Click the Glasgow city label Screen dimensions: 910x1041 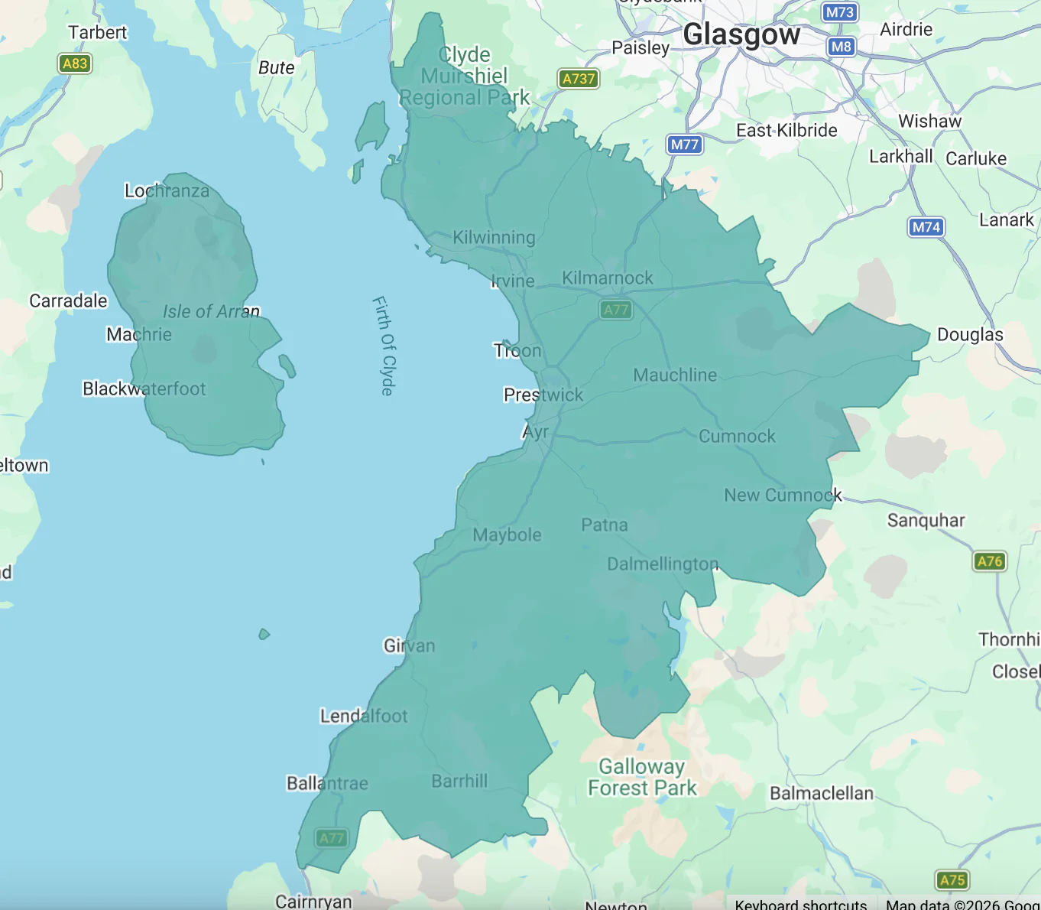(741, 34)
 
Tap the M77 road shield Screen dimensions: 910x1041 (684, 145)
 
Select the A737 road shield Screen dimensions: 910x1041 (578, 79)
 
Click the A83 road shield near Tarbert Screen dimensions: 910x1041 (75, 63)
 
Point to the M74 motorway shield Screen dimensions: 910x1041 (926, 227)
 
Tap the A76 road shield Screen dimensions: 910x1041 (990, 561)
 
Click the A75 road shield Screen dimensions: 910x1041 (952, 880)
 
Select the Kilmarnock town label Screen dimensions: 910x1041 (608, 278)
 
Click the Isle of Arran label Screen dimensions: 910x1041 (211, 311)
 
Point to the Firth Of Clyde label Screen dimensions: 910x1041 (384, 346)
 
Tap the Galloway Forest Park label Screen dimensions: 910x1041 (642, 777)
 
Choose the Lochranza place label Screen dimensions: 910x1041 (167, 190)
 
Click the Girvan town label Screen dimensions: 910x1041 (409, 645)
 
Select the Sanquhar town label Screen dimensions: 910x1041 (926, 520)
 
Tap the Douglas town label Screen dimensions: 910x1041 (970, 334)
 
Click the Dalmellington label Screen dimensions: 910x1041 (663, 564)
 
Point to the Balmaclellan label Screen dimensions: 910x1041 (821, 793)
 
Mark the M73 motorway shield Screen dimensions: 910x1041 (840, 12)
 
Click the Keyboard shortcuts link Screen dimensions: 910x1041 (800, 904)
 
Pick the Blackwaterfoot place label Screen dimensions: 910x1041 (144, 388)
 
